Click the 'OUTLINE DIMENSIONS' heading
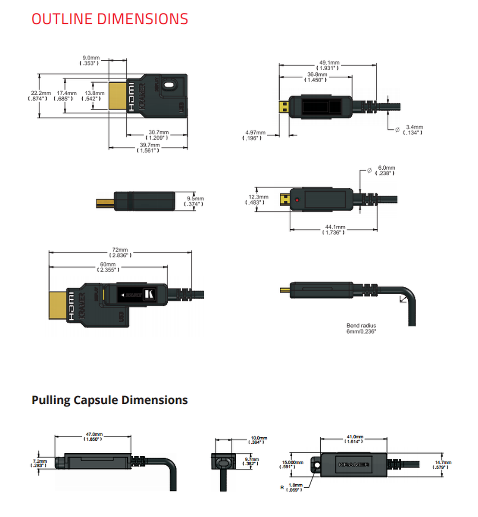click(x=110, y=19)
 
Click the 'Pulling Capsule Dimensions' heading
click(x=109, y=400)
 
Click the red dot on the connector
click(x=297, y=200)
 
